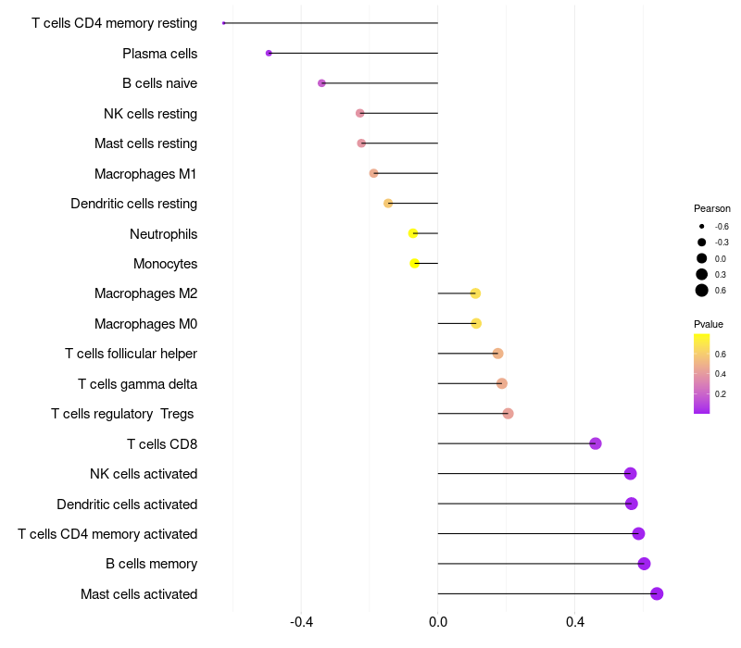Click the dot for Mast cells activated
[657, 593]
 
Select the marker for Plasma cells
[269, 53]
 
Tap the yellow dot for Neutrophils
[413, 233]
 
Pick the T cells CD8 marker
[596, 443]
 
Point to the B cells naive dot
[321, 83]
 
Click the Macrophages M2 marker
[475, 293]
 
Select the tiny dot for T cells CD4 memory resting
[224, 22]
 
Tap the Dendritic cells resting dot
[388, 203]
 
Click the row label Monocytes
[166, 264]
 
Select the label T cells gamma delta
[137, 384]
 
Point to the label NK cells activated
[144, 474]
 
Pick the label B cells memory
[152, 564]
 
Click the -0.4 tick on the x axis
[302, 622]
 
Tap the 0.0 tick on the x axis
[438, 622]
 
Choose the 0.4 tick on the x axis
[574, 622]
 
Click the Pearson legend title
[711, 208]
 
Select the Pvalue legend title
[709, 324]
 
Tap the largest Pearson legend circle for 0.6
[702, 291]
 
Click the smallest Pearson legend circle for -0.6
[702, 226]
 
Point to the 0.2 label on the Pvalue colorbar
[721, 394]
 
